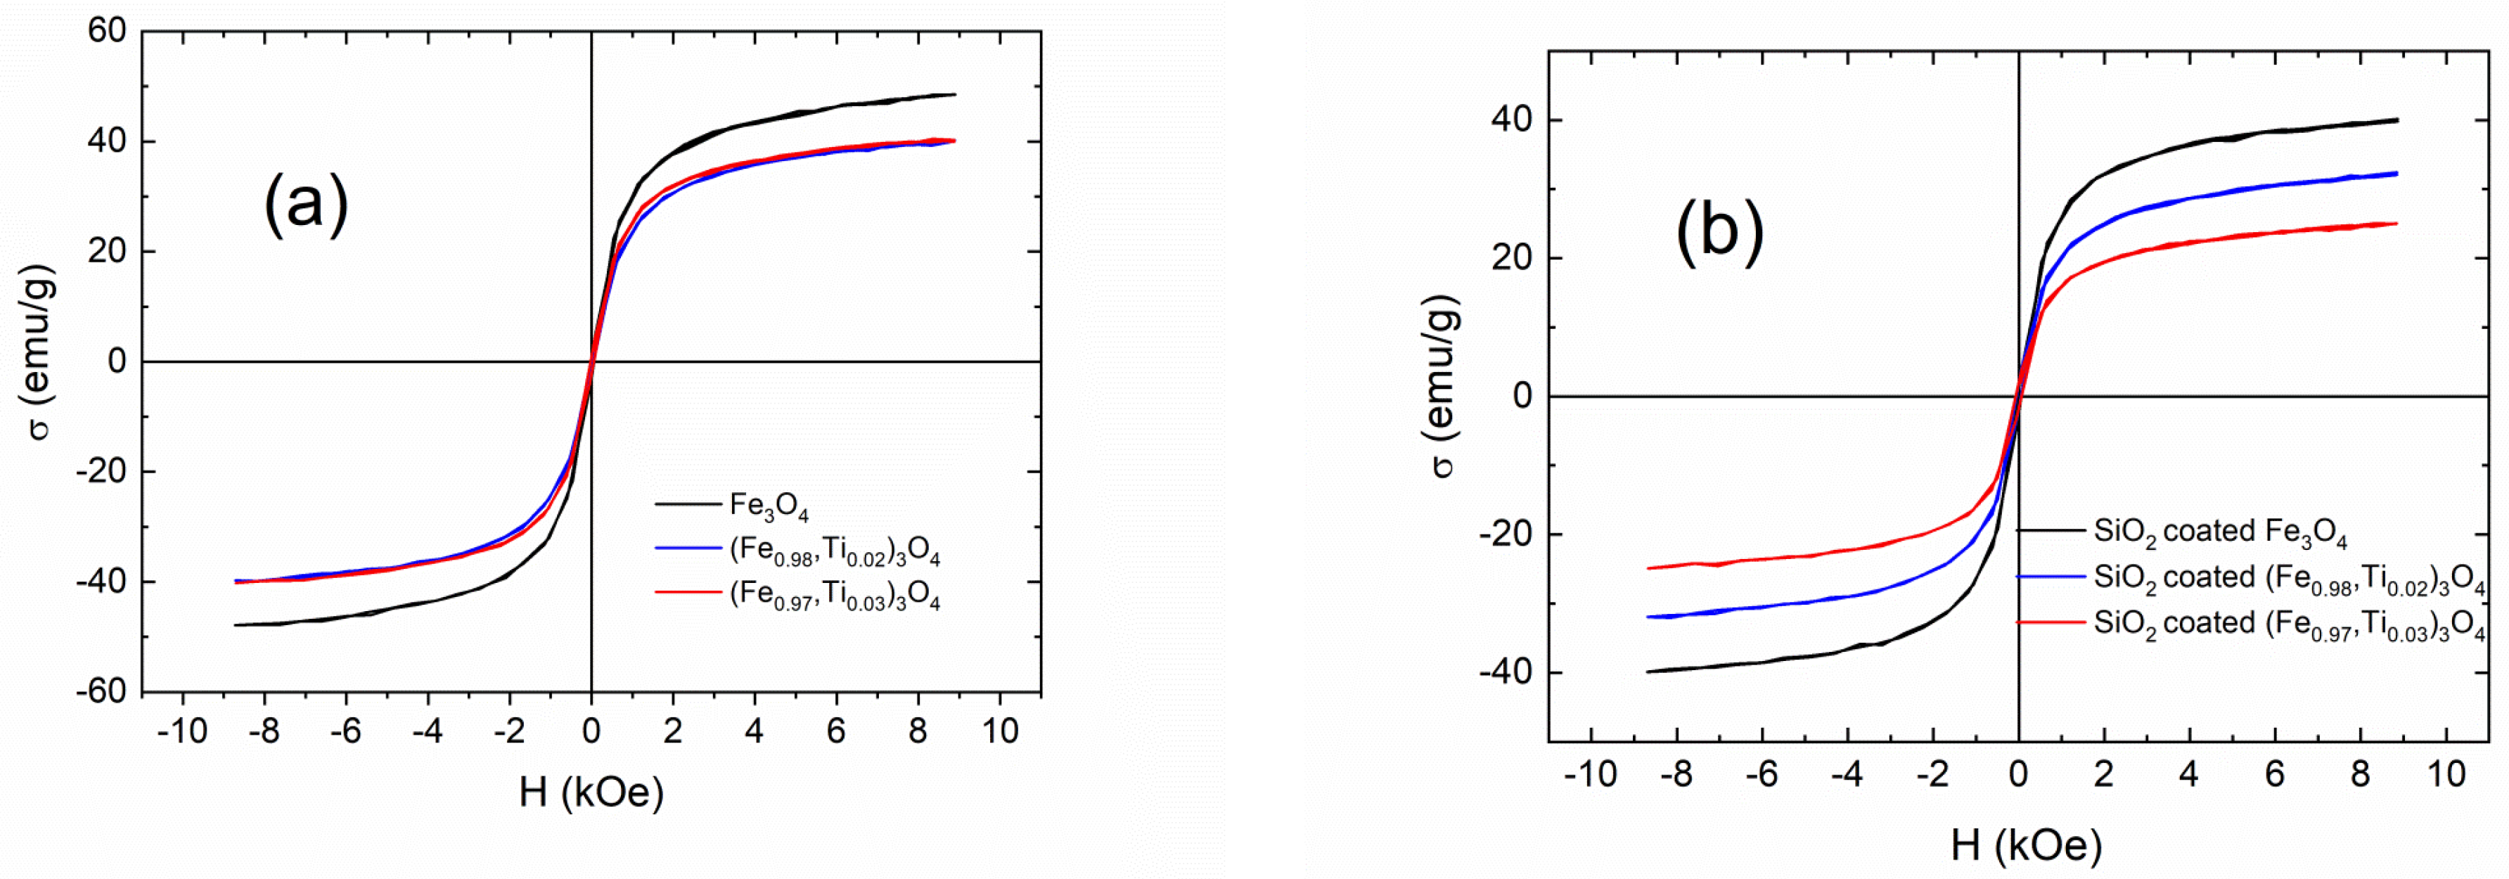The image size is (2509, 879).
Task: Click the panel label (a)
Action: coord(306,203)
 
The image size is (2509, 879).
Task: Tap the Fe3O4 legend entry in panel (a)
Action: coord(769,505)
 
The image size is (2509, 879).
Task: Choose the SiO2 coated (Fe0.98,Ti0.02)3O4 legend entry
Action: coord(2289,578)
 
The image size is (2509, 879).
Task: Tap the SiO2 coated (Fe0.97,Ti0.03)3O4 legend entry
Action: coord(2289,624)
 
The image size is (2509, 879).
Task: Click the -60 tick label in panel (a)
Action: coord(101,692)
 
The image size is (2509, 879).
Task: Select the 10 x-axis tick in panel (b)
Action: coord(2445,775)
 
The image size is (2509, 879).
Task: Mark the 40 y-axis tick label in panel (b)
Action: coord(1512,121)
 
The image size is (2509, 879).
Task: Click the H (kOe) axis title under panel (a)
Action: coord(591,793)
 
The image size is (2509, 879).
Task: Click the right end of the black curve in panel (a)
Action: coord(954,94)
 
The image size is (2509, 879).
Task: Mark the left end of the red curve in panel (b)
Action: coord(1648,568)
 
